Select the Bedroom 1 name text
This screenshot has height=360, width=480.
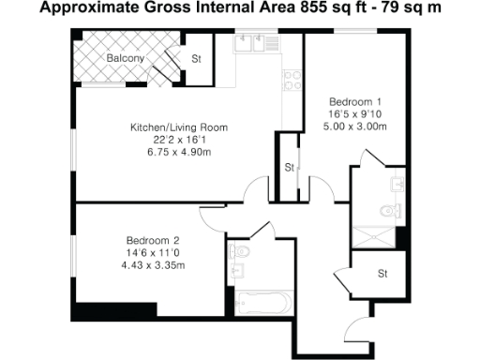tap(354, 100)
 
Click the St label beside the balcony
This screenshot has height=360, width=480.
tap(196, 58)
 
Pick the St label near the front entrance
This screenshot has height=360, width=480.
tap(382, 274)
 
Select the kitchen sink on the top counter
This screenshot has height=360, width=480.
tap(254, 42)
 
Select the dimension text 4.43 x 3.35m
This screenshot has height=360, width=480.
tap(142, 265)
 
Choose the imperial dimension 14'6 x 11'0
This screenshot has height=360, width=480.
tap(142, 253)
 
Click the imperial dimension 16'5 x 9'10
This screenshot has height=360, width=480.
tap(354, 113)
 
